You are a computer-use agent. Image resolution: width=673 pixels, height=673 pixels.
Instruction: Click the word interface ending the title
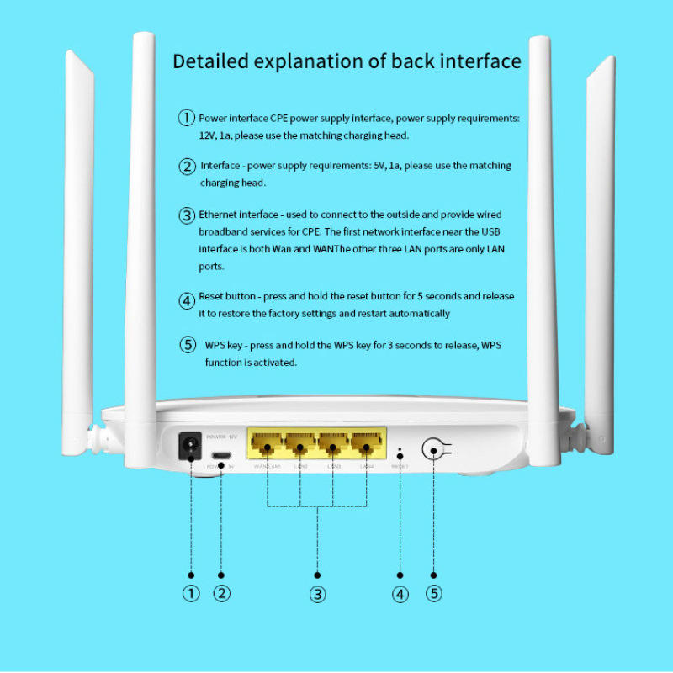point(481,61)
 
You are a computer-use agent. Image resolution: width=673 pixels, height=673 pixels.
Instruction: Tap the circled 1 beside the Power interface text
point(186,118)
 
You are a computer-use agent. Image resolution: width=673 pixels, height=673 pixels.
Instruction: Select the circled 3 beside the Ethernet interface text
point(187,215)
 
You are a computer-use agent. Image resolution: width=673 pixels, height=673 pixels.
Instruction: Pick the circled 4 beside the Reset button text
point(187,299)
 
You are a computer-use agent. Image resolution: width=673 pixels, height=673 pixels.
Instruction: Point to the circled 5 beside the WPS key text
point(188,345)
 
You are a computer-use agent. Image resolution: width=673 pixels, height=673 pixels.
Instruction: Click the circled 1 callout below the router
point(191,594)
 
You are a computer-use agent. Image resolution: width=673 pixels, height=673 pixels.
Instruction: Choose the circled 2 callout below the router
point(221,594)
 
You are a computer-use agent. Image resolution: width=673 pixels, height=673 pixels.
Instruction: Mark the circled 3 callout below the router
point(317,594)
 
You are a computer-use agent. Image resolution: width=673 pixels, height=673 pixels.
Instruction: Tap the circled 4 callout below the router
point(400,594)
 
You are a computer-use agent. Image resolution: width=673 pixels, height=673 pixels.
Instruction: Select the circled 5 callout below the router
point(434,594)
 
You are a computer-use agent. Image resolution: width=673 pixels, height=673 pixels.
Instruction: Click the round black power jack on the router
point(191,447)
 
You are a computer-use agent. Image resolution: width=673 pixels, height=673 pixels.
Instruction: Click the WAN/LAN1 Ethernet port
point(267,444)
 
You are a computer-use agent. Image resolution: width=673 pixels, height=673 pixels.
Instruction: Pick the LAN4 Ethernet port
point(367,444)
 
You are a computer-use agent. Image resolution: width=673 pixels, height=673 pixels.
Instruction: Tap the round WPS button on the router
point(434,450)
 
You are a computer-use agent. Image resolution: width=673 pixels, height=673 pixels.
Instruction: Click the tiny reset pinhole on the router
point(400,451)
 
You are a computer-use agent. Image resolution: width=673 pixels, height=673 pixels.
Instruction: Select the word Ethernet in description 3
point(219,215)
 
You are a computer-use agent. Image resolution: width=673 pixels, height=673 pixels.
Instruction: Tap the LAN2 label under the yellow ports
point(300,467)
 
